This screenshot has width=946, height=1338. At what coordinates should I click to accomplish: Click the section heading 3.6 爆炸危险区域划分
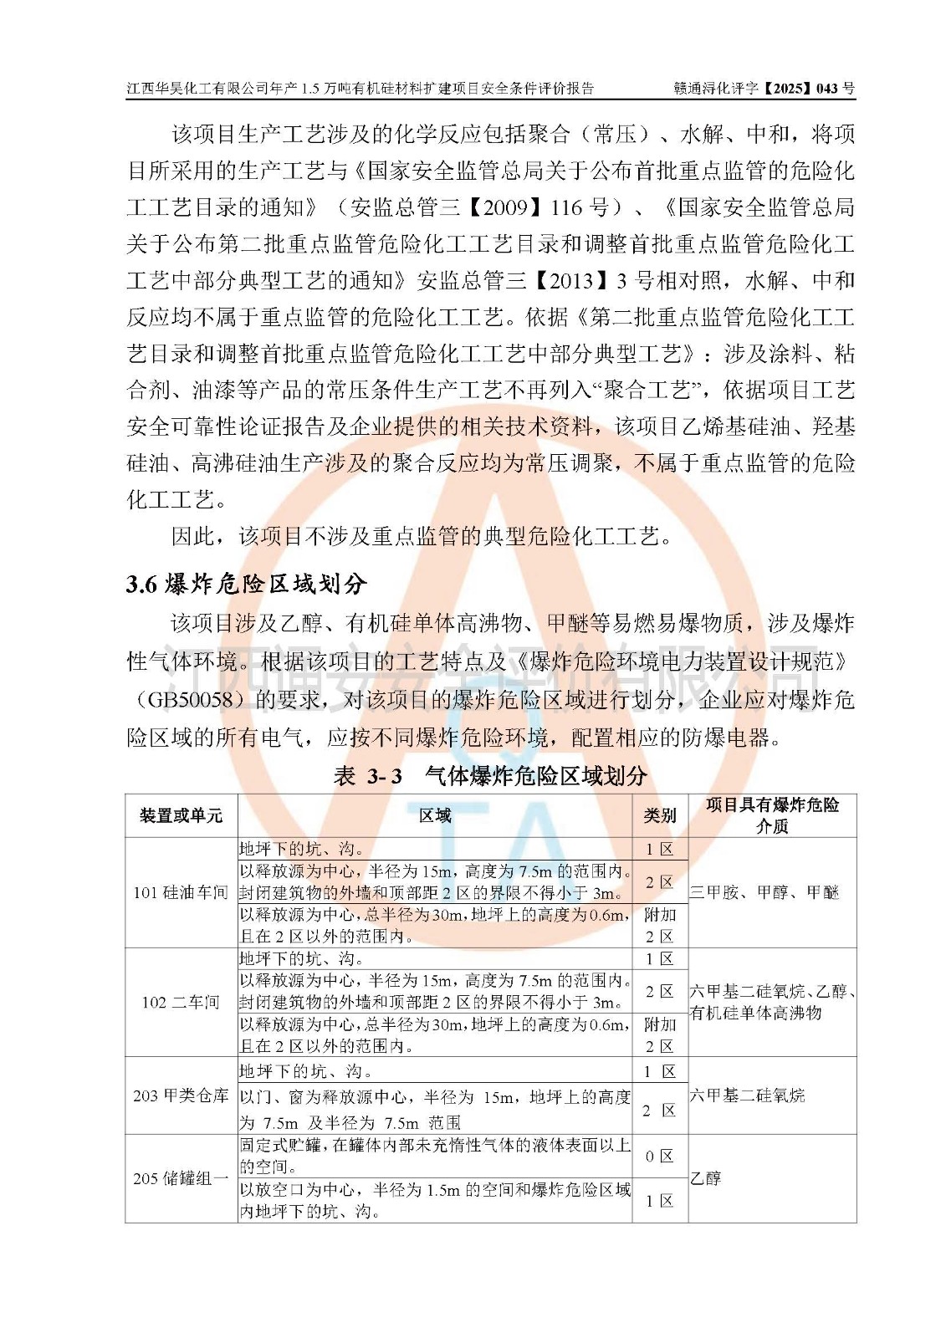[x=247, y=584]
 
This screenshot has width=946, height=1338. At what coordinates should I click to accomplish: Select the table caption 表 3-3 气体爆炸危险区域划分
[x=490, y=775]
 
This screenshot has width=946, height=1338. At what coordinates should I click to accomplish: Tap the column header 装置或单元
[x=182, y=815]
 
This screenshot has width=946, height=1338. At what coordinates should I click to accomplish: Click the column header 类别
[x=660, y=815]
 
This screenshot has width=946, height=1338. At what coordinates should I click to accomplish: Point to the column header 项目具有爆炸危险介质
[x=772, y=815]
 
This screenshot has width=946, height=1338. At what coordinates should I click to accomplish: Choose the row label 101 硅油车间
[x=182, y=892]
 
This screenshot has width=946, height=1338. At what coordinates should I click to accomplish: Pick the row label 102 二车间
[x=182, y=1002]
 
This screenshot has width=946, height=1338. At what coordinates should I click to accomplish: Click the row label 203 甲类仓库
[x=182, y=1095]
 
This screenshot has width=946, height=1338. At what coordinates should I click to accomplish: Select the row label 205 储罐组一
[x=182, y=1178]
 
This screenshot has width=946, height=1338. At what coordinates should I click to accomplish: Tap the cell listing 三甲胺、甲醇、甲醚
[x=764, y=892]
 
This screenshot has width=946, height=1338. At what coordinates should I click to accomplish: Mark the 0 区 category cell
[x=660, y=1156]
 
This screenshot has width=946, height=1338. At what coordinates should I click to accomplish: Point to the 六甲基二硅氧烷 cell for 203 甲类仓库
[x=747, y=1095]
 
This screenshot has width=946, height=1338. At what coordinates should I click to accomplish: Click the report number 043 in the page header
[x=826, y=88]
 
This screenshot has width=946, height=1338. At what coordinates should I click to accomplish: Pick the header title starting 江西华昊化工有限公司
[x=361, y=88]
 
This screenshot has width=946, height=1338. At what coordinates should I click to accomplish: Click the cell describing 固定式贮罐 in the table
[x=435, y=1156]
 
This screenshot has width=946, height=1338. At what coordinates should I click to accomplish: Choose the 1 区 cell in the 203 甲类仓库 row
[x=660, y=1071]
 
